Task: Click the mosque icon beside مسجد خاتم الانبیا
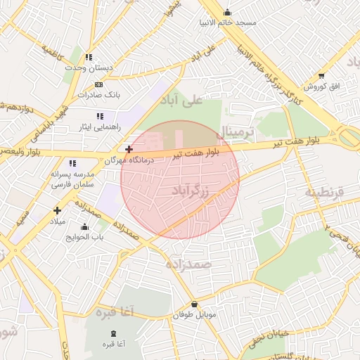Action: [x=226, y=12]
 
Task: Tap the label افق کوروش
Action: [x=321, y=86]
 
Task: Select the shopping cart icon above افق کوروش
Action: [x=321, y=75]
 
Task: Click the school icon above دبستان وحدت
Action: [x=89, y=57]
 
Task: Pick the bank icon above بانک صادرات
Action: [x=98, y=84]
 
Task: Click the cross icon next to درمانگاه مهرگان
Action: [x=129, y=149]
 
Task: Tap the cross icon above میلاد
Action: [x=58, y=210]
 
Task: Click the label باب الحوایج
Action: [x=86, y=236]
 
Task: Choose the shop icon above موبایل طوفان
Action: [x=194, y=304]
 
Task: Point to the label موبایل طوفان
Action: [x=198, y=314]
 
